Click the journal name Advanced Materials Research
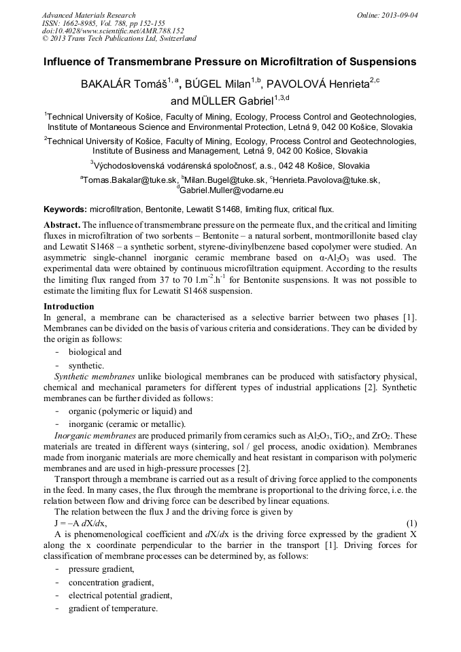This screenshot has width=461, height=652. click(x=88, y=15)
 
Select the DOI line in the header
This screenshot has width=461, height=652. click(x=113, y=31)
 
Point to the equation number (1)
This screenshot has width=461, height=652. click(x=411, y=523)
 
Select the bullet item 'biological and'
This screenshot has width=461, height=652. click(x=95, y=352)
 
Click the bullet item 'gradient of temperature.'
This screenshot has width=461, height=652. click(x=113, y=608)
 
